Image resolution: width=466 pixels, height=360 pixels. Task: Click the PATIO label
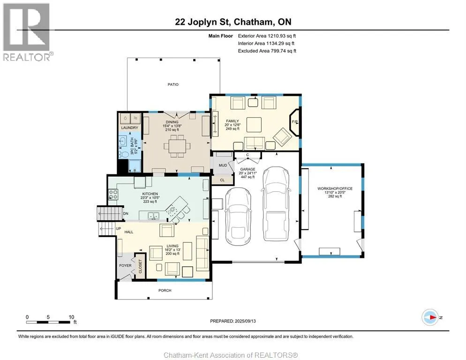(173, 84)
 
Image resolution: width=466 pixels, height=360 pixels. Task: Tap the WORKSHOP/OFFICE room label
(335, 188)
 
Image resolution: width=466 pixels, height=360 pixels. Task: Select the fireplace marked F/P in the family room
(294, 122)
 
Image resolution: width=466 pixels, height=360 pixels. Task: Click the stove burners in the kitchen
(113, 195)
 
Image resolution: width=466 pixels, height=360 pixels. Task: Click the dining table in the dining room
(177, 146)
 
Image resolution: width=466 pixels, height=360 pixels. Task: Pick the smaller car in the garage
(238, 215)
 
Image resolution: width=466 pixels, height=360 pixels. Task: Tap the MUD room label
(223, 165)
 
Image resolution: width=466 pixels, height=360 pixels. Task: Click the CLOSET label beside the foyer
(140, 266)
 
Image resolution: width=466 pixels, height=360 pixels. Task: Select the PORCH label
(165, 291)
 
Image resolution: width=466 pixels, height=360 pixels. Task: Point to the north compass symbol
(430, 317)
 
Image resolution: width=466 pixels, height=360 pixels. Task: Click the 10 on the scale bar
(71, 317)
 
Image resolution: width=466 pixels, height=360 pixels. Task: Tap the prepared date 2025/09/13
(245, 321)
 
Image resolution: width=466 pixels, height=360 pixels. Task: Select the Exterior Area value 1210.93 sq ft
(282, 36)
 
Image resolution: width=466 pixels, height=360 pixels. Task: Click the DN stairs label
(126, 213)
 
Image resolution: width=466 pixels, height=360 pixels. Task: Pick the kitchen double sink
(153, 216)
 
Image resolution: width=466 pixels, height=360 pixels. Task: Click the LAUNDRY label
(129, 127)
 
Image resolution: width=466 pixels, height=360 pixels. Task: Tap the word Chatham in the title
(253, 22)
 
